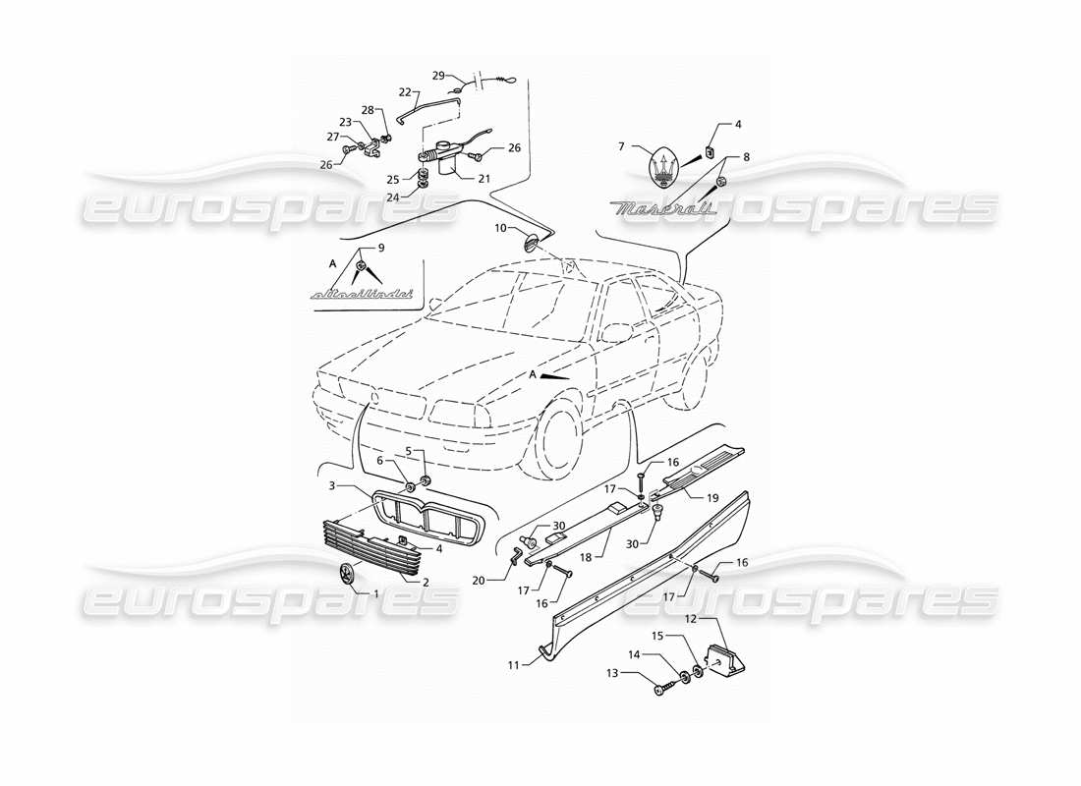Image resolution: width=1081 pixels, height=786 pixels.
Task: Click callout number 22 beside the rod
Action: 404,91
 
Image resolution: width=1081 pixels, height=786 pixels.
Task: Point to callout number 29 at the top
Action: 439,76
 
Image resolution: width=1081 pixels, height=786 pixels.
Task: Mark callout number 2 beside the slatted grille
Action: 426,583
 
